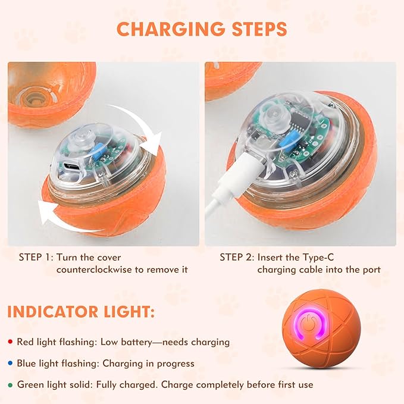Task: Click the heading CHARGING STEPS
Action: click(202, 29)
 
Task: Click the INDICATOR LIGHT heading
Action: click(82, 311)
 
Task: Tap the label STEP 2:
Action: click(236, 257)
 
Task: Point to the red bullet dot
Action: click(11, 342)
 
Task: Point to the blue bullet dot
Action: click(11, 364)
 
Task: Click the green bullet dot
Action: click(11, 385)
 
